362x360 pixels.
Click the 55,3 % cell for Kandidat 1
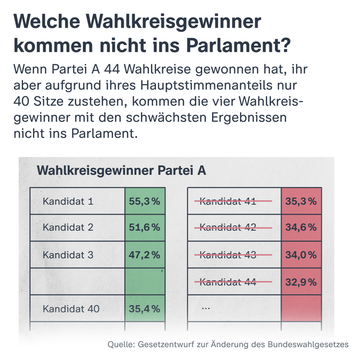point(145,201)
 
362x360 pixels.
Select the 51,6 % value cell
point(145,228)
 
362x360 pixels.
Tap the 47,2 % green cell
point(145,255)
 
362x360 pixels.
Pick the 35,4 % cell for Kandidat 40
point(145,309)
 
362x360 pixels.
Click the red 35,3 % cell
point(301,201)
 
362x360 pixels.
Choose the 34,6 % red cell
point(301,228)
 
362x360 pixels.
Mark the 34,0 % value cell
point(301,255)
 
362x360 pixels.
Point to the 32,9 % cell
point(301,282)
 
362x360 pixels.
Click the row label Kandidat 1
point(68,201)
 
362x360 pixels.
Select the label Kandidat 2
point(68,228)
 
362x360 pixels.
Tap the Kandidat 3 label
point(68,255)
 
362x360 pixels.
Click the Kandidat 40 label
point(71,309)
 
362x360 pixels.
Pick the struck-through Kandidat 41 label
point(228,201)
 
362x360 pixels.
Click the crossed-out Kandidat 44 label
point(228,282)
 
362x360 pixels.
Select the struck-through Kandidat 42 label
point(228,228)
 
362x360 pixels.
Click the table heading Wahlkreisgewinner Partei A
point(121,170)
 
